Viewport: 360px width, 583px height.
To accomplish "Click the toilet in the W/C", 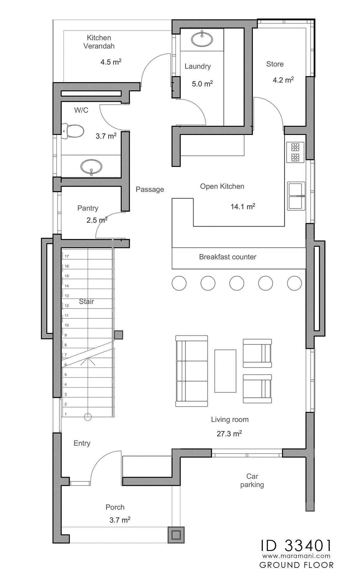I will (x=73, y=131).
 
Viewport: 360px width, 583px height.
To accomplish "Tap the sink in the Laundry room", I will (x=202, y=39).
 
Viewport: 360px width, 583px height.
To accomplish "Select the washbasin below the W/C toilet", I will (x=91, y=167).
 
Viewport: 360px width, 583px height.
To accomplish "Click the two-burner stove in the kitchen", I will (x=295, y=152).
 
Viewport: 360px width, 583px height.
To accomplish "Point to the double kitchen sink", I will (x=296, y=196).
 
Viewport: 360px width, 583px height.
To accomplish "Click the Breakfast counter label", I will (x=228, y=257).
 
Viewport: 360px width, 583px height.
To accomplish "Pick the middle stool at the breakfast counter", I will (x=237, y=283).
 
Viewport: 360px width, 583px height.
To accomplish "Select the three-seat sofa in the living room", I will (x=192, y=371).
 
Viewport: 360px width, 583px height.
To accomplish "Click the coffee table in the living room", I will (x=225, y=371).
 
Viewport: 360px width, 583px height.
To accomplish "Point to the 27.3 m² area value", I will (x=229, y=434).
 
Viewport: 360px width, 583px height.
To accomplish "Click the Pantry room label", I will (x=88, y=208).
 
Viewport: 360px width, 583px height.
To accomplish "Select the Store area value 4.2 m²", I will (x=283, y=80).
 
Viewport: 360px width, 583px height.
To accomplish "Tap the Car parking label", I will (x=252, y=480).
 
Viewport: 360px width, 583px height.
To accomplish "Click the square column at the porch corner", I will (x=176, y=535).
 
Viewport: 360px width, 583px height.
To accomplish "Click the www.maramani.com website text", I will (x=296, y=556).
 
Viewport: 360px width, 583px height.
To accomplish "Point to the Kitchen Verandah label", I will (x=99, y=42).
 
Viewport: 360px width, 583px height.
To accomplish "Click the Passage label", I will (x=150, y=189).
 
